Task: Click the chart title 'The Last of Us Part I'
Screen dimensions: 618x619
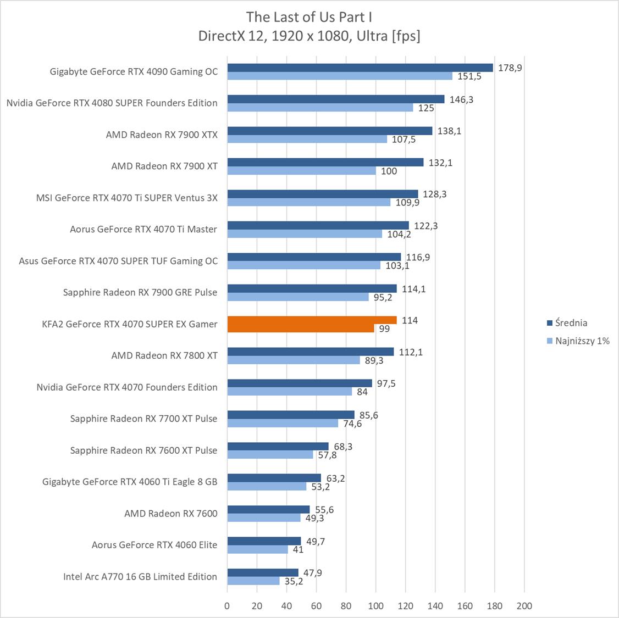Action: [309, 16]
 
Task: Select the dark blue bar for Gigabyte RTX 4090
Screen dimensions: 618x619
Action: [360, 68]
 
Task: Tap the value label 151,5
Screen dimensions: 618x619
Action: [469, 76]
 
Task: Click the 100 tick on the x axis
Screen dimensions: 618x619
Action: [376, 606]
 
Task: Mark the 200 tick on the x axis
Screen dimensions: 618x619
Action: [524, 606]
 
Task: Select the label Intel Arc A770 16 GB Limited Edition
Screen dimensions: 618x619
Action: [140, 577]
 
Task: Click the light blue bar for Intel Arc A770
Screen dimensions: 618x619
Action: [253, 581]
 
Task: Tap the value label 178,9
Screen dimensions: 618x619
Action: [510, 68]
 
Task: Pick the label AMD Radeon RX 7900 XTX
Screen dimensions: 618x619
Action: [162, 135]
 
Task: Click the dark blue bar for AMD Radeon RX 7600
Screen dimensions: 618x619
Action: [268, 509]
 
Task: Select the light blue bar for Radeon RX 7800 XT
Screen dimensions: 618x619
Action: [294, 360]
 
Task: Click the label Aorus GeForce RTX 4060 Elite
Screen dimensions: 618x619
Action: [154, 545]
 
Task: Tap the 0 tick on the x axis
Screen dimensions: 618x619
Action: [228, 606]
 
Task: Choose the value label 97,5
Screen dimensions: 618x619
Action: [386, 383]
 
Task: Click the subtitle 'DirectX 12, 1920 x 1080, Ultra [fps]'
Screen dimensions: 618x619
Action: [309, 36]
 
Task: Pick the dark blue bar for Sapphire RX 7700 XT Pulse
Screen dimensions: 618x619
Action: [291, 415]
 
